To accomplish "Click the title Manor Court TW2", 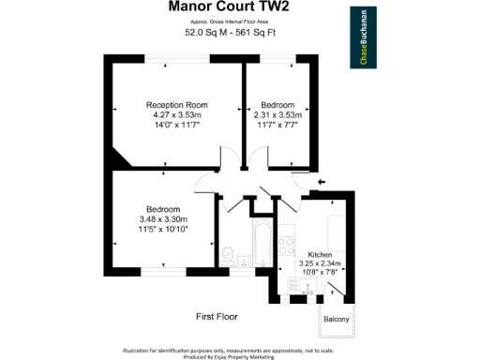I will coord(228,8).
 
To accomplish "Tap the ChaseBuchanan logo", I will coord(363,38).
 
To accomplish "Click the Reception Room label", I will coord(176,104).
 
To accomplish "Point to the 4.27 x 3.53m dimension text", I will coord(176,114).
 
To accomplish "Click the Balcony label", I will coord(336,320).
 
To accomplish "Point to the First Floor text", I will coord(217,317).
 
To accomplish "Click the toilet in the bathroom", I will coord(229,254).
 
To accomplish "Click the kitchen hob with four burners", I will coord(286,250).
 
